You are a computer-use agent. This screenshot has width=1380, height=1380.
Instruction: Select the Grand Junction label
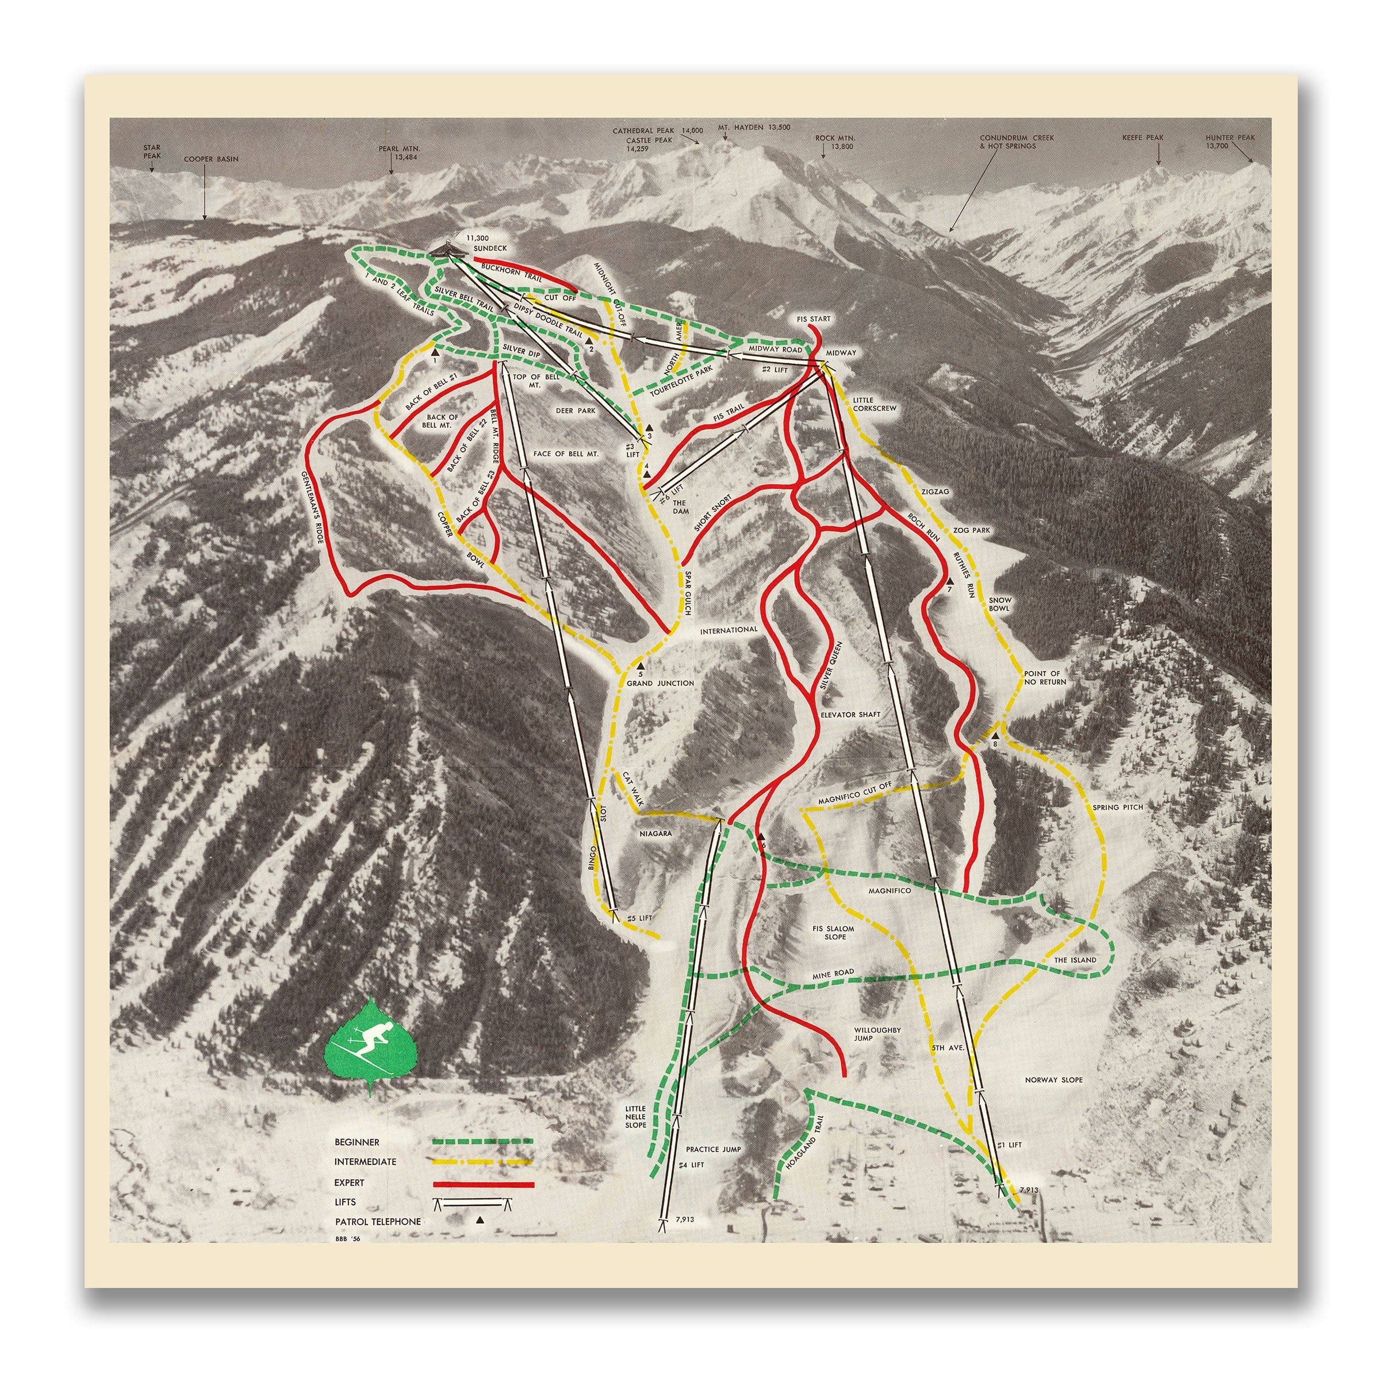pyautogui.click(x=660, y=683)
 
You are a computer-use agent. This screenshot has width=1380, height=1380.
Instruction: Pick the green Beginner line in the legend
pyautogui.click(x=484, y=1141)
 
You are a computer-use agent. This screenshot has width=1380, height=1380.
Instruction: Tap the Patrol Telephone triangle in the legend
pyautogui.click(x=480, y=1221)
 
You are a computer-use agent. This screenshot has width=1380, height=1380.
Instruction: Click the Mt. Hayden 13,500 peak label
pyautogui.click(x=754, y=127)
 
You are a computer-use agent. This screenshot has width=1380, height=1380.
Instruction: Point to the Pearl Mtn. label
pyautogui.click(x=400, y=152)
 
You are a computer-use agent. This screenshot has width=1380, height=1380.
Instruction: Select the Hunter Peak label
pyautogui.click(x=1229, y=141)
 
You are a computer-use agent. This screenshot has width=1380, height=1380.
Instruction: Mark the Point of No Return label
pyautogui.click(x=1044, y=677)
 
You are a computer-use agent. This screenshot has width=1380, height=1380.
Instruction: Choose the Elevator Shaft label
pyautogui.click(x=850, y=714)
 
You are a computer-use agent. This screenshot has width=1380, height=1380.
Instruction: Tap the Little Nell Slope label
pyautogui.click(x=635, y=1117)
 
